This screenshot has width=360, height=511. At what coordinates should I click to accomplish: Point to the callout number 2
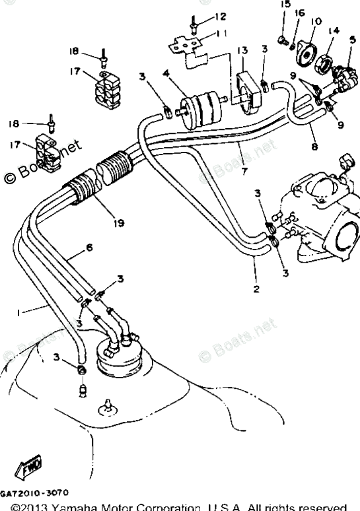pos(256,289)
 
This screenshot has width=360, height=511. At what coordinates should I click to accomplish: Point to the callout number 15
pos(285,5)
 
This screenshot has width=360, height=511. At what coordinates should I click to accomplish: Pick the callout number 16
pos(299,13)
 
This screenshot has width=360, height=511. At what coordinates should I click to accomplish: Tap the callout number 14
pos(335,31)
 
